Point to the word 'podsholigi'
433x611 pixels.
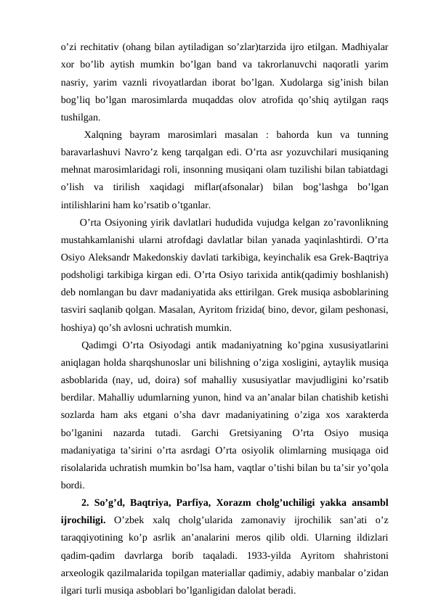pyautogui.click(x=85, y=275)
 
